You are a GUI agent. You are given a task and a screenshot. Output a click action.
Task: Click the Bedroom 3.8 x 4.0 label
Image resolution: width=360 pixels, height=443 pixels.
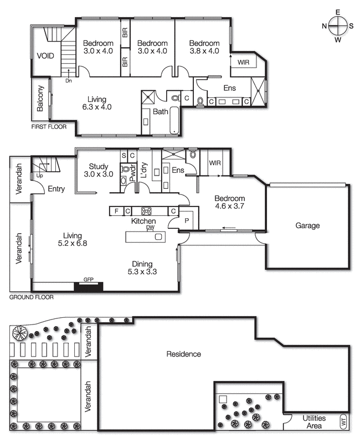[x=204, y=47]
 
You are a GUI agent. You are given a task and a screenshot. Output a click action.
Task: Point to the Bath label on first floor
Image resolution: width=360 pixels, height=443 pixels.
[x=161, y=111]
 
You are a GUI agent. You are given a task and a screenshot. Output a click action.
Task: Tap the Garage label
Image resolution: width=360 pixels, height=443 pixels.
[x=307, y=226]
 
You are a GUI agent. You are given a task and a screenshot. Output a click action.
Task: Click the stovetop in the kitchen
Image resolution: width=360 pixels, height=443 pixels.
[x=147, y=211]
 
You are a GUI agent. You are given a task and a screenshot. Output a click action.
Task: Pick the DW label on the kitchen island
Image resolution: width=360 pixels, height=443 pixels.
[x=150, y=228]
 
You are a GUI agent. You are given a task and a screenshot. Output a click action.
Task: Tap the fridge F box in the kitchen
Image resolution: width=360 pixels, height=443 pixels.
[x=116, y=211]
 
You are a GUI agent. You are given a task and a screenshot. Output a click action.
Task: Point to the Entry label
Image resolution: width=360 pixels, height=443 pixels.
[x=56, y=189]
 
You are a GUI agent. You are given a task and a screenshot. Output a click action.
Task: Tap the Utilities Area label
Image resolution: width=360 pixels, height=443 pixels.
[x=313, y=422]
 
